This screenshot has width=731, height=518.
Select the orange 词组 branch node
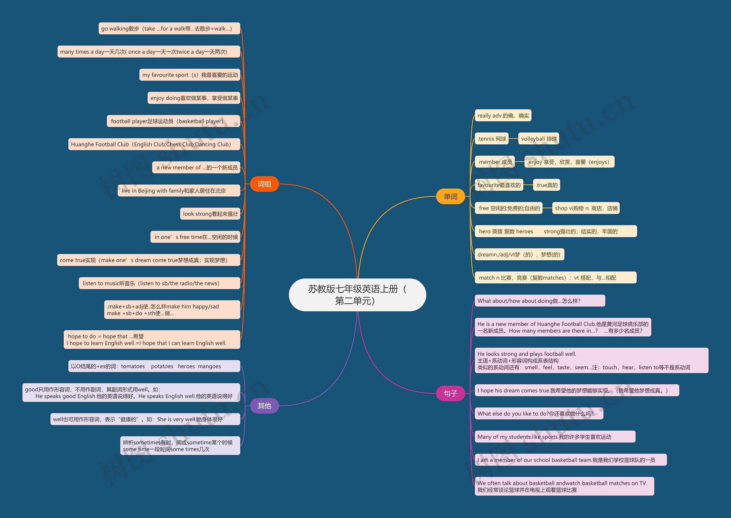point(264,184)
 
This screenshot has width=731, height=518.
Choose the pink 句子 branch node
point(450,393)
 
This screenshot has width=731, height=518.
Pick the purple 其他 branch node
point(264,406)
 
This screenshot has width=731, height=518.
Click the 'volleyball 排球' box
point(539,139)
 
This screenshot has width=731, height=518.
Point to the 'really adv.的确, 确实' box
point(503,116)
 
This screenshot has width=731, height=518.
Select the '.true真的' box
point(546,185)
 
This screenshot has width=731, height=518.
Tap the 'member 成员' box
point(495,162)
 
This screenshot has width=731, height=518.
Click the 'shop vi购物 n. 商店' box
point(586,208)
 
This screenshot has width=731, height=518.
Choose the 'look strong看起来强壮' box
point(210,214)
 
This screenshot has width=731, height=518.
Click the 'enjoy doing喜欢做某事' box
point(194,98)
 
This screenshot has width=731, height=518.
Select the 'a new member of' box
point(196,168)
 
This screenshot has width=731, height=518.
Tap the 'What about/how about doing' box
point(540,301)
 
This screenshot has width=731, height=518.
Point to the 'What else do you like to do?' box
point(539,414)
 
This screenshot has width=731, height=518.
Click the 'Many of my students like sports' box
point(555,437)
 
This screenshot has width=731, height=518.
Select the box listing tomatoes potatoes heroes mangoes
point(154,366)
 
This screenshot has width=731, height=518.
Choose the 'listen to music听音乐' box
point(159,283)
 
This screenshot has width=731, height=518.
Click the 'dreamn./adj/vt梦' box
point(519,255)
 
